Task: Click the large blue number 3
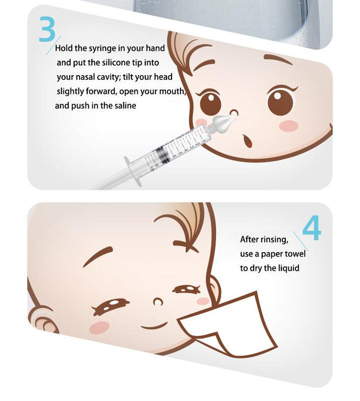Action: (47, 29)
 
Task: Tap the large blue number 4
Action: (311, 228)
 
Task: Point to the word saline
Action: (125, 106)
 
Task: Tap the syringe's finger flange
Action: (132, 170)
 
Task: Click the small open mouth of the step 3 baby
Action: (247, 141)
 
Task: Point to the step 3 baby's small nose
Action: (234, 112)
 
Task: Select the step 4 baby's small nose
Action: (158, 302)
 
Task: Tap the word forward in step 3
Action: (100, 91)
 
